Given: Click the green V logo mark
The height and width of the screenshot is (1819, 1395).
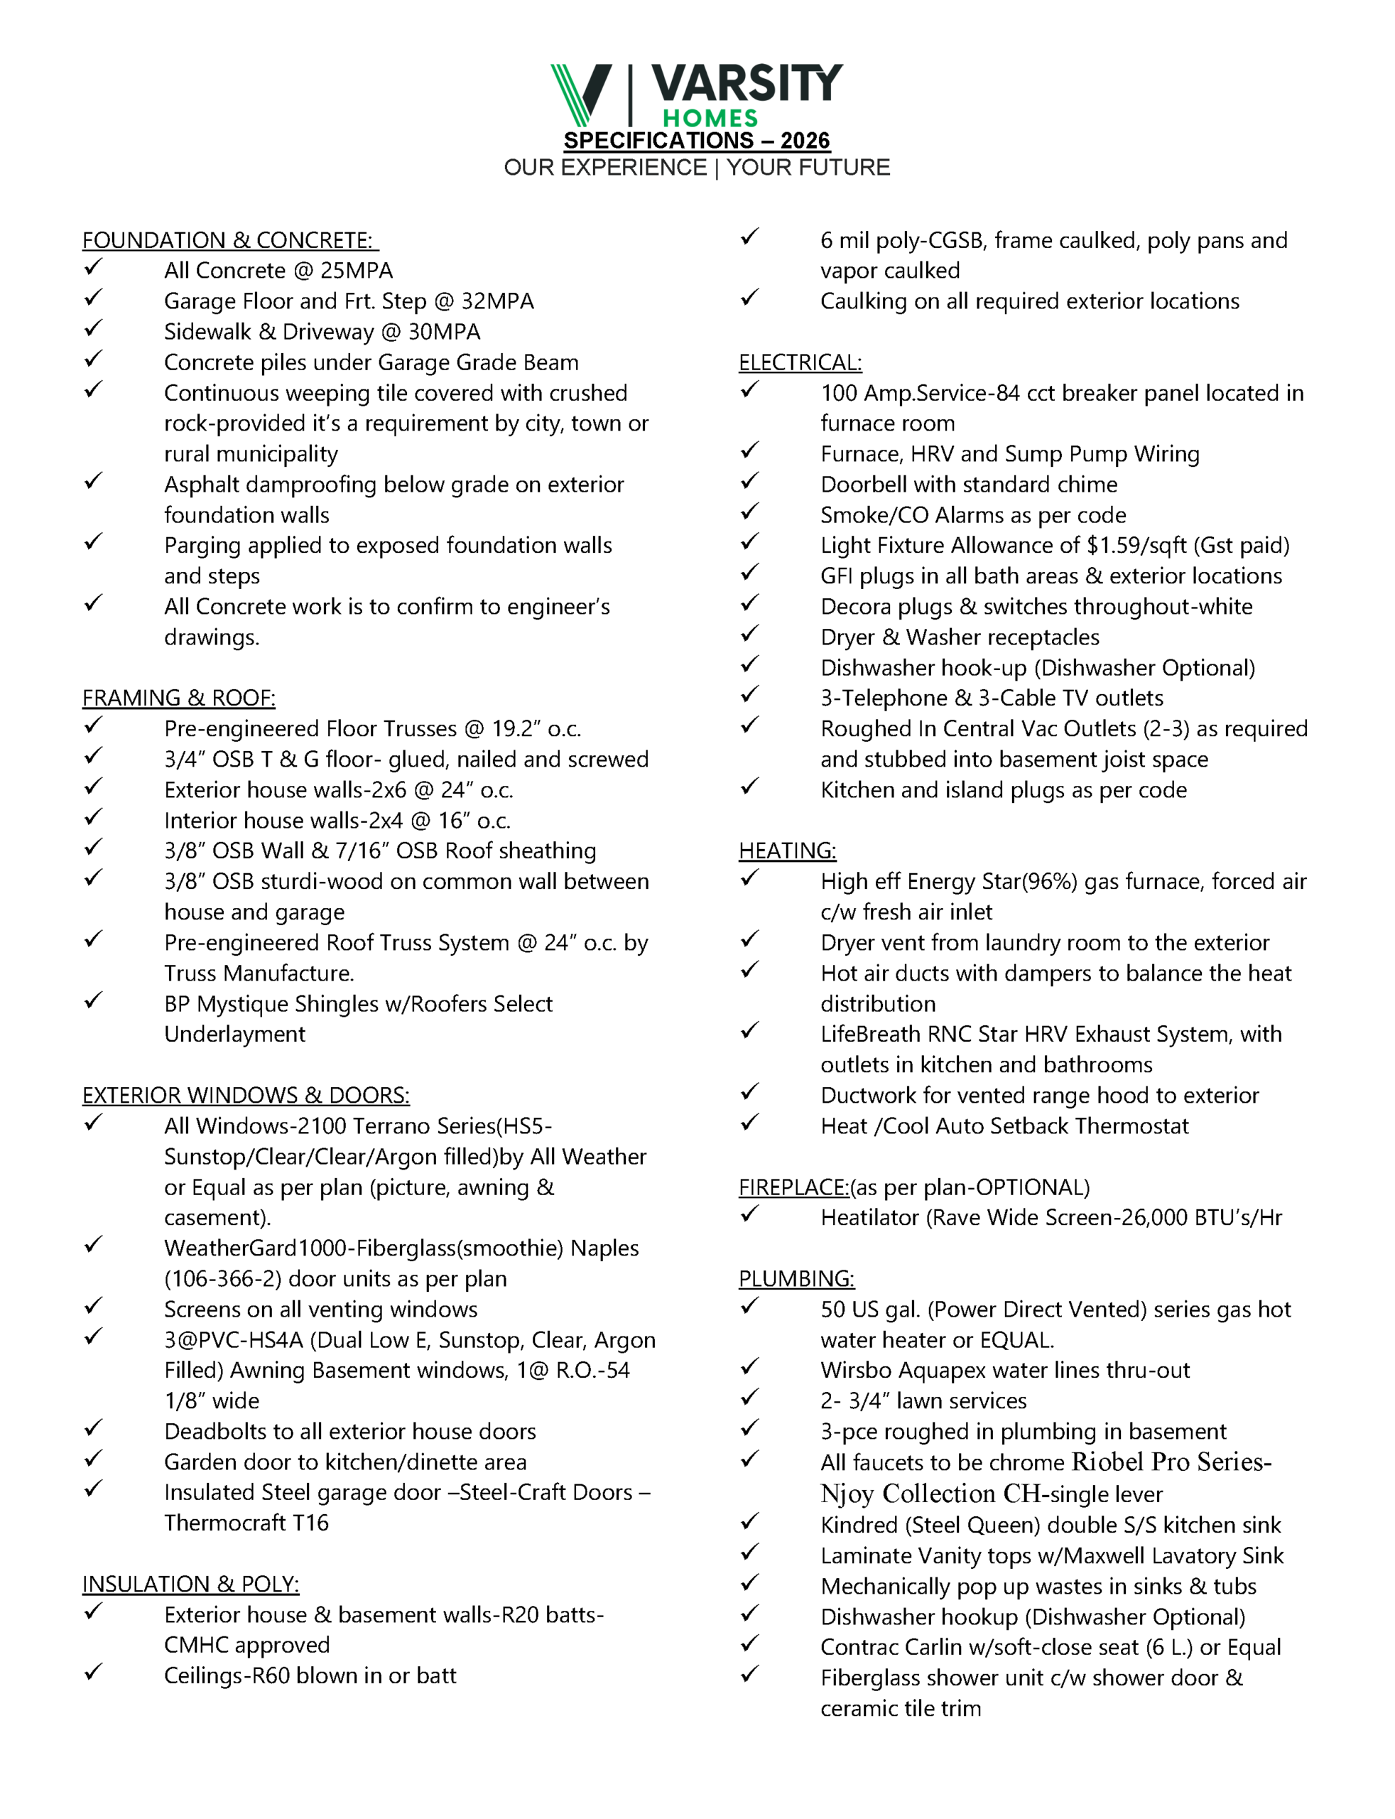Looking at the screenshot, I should [580, 94].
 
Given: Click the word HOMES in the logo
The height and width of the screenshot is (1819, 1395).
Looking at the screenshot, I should [710, 119].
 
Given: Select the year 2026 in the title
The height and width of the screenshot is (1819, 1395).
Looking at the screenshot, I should [805, 141].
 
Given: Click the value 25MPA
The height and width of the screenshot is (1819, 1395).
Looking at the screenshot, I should [357, 271].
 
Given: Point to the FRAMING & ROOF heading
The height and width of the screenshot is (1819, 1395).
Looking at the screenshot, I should [178, 698].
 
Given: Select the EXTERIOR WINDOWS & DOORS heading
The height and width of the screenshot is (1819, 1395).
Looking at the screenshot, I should [246, 1096].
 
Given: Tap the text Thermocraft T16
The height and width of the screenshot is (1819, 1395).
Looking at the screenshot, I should [246, 1523].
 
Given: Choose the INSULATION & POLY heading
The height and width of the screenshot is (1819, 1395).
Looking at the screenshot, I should [190, 1584].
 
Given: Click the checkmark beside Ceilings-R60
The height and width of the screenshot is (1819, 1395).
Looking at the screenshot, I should [93, 1672].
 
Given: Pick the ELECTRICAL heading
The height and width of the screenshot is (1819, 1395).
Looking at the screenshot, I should [800, 363].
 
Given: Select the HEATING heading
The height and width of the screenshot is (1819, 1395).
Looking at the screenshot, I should [787, 851].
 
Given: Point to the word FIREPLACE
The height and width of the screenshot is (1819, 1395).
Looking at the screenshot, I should [793, 1188].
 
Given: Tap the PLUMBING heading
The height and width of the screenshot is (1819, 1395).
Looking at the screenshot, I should [796, 1279].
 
